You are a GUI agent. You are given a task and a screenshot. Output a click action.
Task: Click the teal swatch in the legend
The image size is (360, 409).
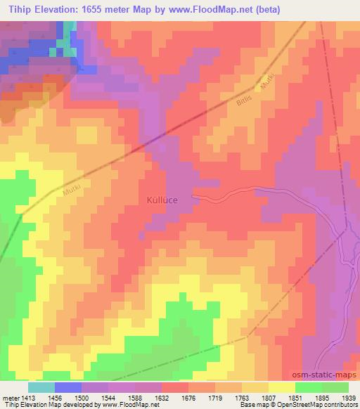[41, 388]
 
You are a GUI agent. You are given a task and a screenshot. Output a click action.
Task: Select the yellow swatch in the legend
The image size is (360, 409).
[281, 388]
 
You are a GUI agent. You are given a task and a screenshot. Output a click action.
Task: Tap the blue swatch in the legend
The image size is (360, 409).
[67, 388]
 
